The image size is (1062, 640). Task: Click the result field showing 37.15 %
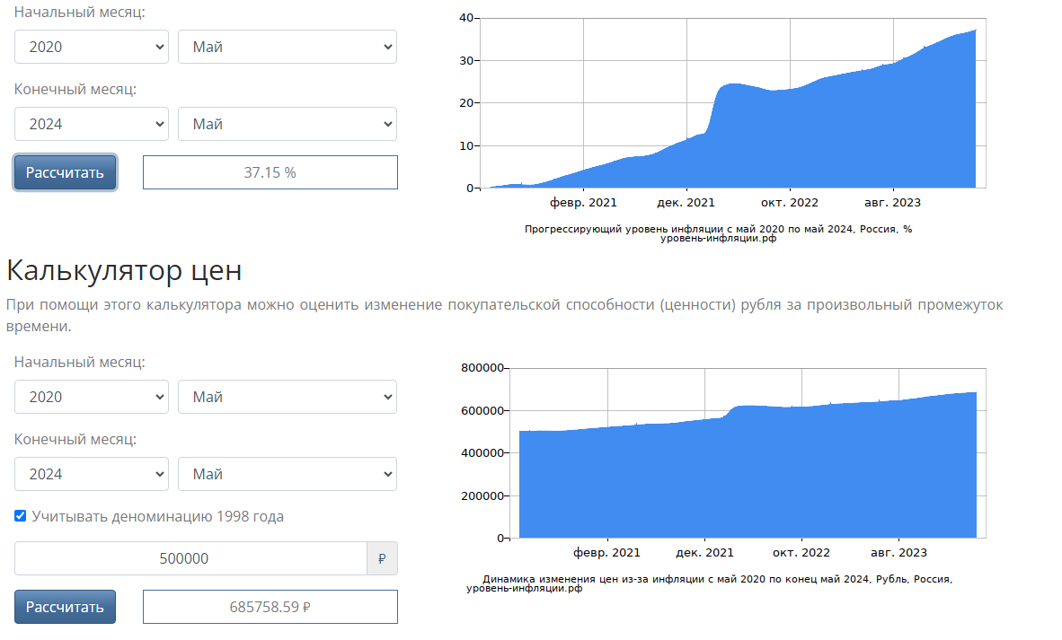[x=270, y=172]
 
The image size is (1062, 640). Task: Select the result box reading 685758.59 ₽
[x=270, y=607]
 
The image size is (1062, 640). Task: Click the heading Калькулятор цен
[x=124, y=270]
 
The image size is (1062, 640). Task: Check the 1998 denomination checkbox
[x=21, y=516]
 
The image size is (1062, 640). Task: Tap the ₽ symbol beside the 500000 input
[x=382, y=558]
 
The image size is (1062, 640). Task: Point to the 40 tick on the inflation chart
[x=466, y=18]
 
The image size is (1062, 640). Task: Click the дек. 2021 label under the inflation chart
[x=686, y=203]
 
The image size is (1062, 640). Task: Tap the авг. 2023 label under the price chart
[x=898, y=553]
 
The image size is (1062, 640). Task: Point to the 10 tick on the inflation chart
[x=466, y=145]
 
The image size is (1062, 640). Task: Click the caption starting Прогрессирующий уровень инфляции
[x=718, y=229]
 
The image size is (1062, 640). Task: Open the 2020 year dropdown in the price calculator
[x=92, y=397]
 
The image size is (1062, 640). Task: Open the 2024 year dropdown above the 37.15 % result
[x=92, y=124]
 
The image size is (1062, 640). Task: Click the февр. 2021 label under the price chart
[x=607, y=553]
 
